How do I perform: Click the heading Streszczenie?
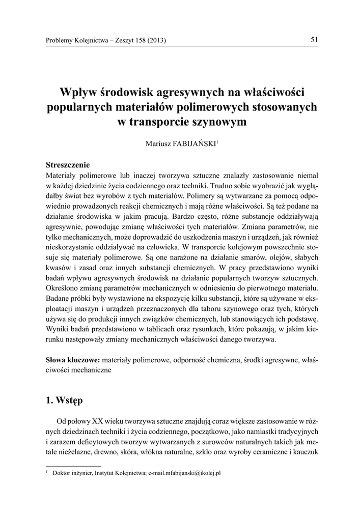pyautogui.click(x=68, y=164)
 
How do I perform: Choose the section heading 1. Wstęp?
pyautogui.click(x=64, y=400)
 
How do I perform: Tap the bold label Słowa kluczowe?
pyautogui.click(x=70, y=360)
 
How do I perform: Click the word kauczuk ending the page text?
pyautogui.click(x=306, y=453)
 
